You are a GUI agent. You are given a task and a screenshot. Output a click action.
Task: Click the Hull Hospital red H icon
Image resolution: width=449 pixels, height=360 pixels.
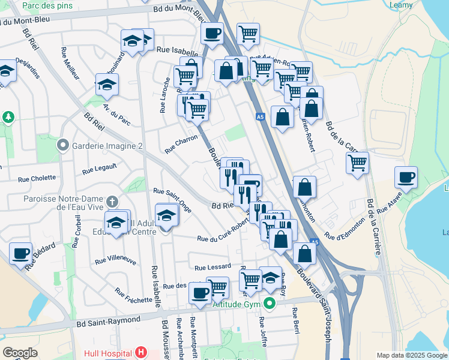140,352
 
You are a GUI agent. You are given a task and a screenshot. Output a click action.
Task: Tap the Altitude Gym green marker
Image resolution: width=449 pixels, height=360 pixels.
269,304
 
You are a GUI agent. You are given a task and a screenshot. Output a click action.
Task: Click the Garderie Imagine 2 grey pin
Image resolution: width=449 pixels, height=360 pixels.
62,145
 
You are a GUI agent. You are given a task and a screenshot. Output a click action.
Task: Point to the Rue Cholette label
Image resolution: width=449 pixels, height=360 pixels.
37,178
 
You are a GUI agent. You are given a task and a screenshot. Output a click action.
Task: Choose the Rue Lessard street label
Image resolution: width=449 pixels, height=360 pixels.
212,266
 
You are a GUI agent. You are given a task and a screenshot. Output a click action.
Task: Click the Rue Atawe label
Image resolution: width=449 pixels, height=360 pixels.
390,206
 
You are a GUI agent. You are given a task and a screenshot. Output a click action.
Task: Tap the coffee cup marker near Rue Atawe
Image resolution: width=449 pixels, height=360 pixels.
406,178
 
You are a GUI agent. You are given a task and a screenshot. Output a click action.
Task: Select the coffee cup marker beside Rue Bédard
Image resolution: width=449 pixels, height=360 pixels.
21,254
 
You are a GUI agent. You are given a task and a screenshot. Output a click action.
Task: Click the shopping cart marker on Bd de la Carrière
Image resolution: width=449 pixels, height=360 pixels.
357,163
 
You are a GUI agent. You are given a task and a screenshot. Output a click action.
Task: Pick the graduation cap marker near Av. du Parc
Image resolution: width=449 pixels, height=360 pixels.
107,85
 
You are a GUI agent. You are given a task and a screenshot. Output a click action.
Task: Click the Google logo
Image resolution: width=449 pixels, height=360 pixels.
20,353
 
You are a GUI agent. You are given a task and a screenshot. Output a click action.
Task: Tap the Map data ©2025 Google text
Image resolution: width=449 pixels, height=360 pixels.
411,355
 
